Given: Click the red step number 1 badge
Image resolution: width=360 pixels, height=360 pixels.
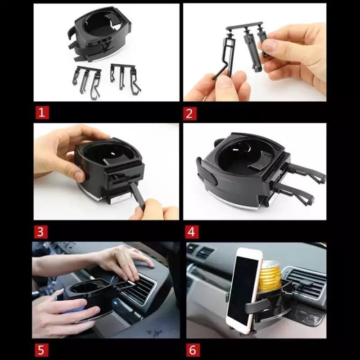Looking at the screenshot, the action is pos(42,113).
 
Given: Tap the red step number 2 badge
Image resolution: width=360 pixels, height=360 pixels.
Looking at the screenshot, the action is pos(189,114).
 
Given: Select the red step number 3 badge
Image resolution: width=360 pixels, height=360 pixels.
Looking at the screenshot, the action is pos(40,232).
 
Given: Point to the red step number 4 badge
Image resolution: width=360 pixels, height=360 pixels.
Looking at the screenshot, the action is pos(192,232).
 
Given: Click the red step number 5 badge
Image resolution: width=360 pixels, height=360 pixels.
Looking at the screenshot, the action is pos(41,351).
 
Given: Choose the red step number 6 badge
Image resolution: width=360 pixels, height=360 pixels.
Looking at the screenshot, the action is pos(193,351).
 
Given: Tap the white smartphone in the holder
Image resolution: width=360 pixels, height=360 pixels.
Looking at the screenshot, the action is pos(244,290).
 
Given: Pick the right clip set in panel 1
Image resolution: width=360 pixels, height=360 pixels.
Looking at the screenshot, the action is pos(125,78).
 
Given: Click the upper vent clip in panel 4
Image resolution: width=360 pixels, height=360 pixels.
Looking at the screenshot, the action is pos(306,172).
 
